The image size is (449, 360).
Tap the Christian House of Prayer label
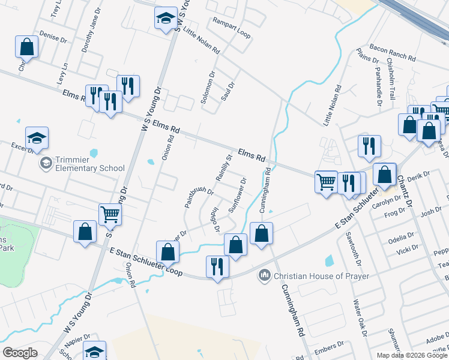point(321,276)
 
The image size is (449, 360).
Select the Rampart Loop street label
point(232,28)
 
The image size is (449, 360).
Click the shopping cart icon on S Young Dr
point(110,213)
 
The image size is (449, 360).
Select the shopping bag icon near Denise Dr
point(27,46)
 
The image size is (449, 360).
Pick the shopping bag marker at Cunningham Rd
point(261,233)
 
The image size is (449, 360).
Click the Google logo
point(20,352)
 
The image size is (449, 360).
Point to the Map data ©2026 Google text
point(412,355)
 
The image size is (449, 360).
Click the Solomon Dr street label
point(208,88)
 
